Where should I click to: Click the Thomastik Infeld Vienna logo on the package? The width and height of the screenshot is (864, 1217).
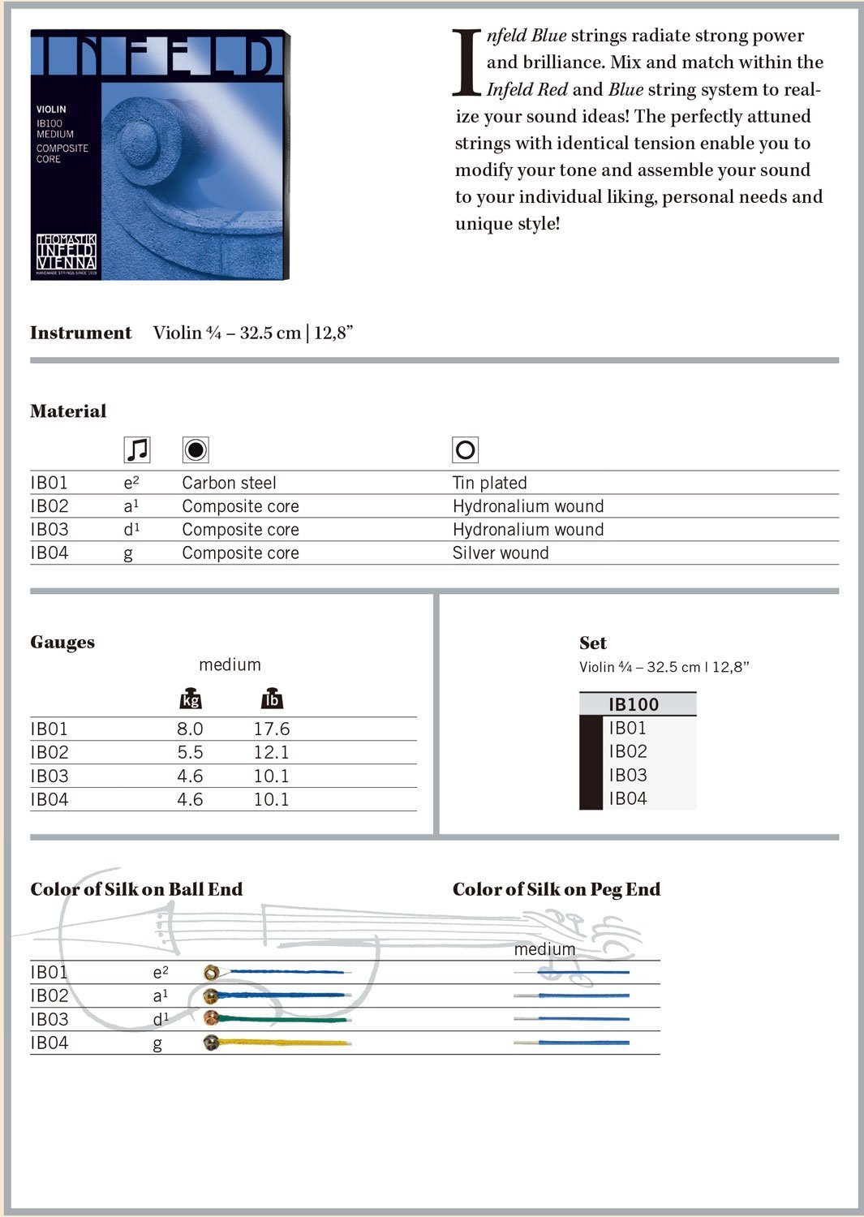67,252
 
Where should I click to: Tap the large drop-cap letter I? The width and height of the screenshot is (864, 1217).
466,62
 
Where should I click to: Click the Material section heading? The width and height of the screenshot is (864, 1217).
68,411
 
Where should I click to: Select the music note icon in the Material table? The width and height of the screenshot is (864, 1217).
137,449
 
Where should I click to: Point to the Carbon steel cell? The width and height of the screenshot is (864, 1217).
229,483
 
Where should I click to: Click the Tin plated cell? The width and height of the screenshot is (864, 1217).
490,483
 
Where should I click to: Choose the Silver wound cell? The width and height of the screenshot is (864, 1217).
501,553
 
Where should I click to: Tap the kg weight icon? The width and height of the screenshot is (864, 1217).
190,699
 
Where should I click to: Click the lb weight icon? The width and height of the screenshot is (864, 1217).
272,699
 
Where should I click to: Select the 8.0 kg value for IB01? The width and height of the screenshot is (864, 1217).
190,729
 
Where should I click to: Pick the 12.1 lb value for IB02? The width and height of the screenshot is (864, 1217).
271,753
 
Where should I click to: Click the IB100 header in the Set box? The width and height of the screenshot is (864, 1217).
634,704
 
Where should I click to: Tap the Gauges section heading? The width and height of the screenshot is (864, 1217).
62,643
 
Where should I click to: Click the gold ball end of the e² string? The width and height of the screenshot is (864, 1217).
211,972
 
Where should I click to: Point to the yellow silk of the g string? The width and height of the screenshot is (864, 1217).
284,1043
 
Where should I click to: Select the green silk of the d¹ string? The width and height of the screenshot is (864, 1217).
284,1019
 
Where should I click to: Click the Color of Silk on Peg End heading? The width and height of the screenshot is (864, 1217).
557,889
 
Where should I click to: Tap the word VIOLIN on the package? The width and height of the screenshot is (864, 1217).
51,110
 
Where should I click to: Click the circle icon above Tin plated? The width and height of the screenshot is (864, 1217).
466,449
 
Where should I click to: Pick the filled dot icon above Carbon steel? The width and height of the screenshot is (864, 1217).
196,449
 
